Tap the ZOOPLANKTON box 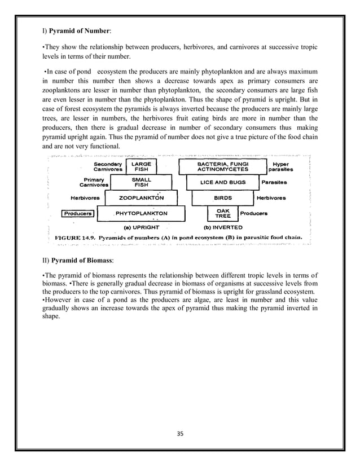(141, 198)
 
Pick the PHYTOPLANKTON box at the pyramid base (141, 214)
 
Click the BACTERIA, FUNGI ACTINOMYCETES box (222, 166)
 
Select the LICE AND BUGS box (222, 182)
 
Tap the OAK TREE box (222, 214)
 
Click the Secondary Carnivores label (108, 166)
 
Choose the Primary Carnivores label (94, 182)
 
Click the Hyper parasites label (280, 166)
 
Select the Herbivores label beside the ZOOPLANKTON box (85, 198)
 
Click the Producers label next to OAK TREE (253, 214)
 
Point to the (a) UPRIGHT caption (141, 227)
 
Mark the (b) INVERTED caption (222, 227)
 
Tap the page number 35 (180, 434)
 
